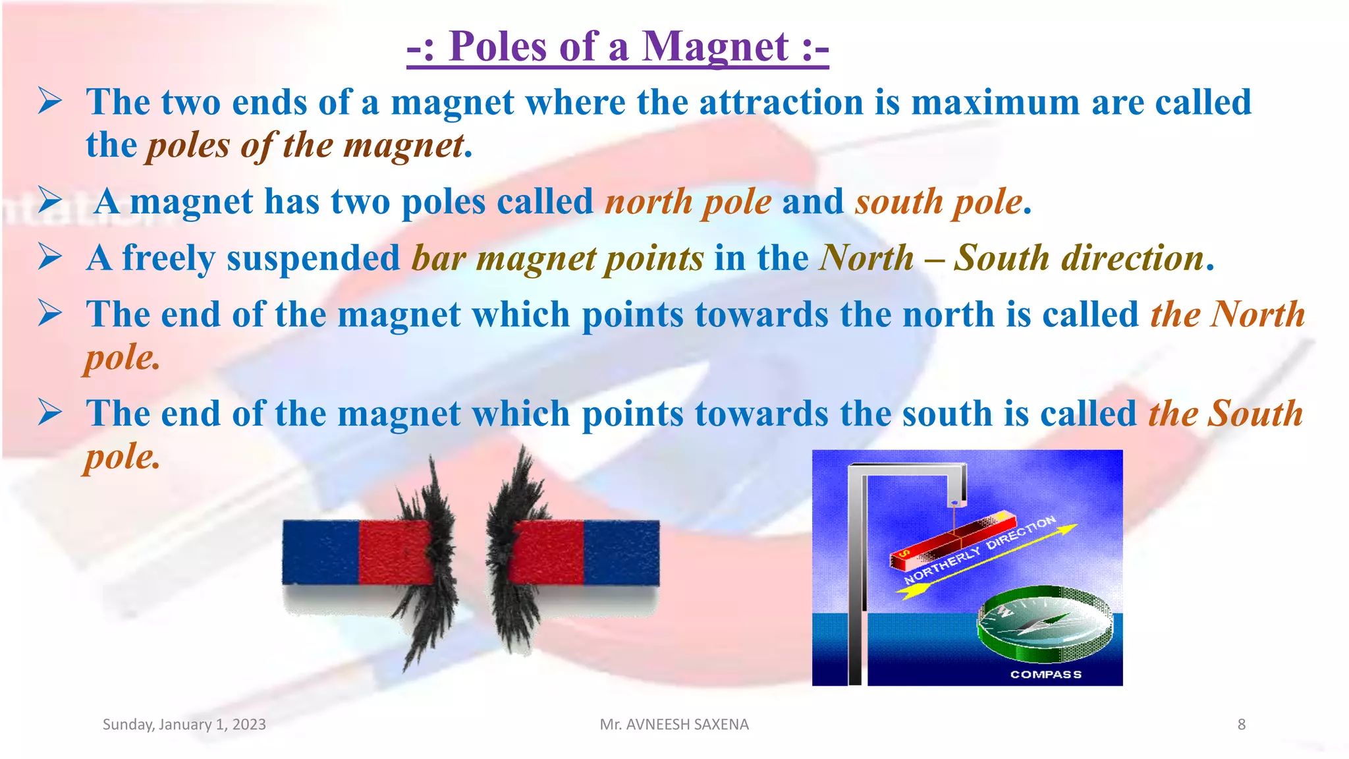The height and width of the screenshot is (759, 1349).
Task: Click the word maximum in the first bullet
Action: click(995, 103)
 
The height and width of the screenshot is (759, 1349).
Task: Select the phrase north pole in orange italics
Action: click(688, 202)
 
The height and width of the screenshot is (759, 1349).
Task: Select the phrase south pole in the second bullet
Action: click(939, 202)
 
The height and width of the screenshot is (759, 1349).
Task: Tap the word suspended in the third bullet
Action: click(314, 258)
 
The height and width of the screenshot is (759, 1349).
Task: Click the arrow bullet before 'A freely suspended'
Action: click(50, 257)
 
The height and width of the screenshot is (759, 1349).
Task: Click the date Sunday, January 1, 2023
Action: click(184, 724)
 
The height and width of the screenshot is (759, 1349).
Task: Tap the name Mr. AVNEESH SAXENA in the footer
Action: click(674, 724)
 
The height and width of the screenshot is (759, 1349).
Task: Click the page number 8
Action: click(1241, 724)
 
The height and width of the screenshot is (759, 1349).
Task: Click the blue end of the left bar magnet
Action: click(320, 552)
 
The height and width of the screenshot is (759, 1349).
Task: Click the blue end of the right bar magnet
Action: click(622, 552)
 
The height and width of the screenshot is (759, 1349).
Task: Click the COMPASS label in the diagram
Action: click(1045, 674)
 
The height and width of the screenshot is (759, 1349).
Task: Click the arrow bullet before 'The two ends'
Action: click(50, 101)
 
